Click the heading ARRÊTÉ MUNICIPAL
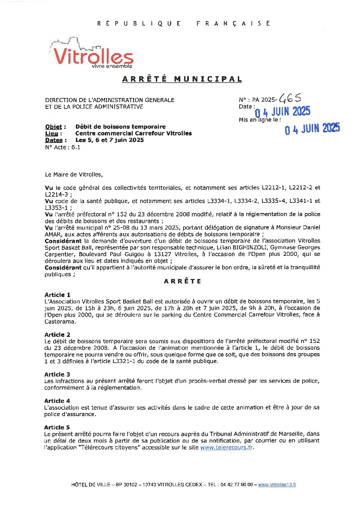coord(182,79)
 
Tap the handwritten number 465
coord(290,99)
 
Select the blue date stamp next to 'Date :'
coord(282,112)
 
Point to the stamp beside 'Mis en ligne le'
coord(312,129)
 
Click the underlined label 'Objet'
coord(54,127)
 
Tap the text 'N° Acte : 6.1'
coord(63,147)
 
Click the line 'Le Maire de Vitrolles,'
coord(74,175)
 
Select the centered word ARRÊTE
coord(182,281)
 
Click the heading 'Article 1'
coord(57,295)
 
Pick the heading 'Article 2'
coord(57,334)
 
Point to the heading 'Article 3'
coord(57,374)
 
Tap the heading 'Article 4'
coord(57,401)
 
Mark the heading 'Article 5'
coord(57,427)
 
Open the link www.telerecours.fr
coord(226,447)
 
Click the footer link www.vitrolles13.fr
coord(277,485)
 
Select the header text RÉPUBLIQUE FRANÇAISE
coord(184,23)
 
